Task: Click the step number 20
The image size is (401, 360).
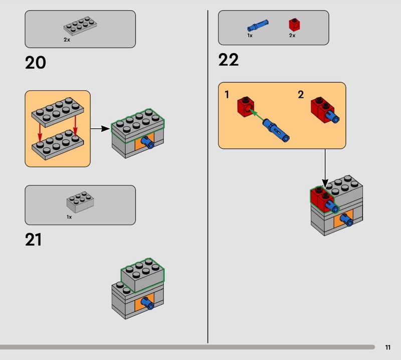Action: tap(35, 63)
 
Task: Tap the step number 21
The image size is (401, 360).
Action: tap(33, 240)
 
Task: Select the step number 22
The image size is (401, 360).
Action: tap(229, 60)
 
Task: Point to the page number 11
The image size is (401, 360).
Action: tap(387, 347)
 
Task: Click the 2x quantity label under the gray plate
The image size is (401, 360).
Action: tap(67, 40)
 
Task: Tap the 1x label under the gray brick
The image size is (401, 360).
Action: tap(69, 217)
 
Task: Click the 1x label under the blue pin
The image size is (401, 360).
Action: tap(250, 36)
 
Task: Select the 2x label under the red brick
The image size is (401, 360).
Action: tap(292, 36)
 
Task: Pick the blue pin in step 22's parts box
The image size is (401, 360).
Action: tap(258, 26)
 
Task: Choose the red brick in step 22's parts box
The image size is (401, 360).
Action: tap(294, 25)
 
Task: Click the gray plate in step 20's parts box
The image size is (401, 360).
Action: tap(80, 26)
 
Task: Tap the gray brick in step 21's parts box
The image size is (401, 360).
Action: tap(80, 202)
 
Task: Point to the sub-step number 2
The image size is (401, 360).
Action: tap(301, 95)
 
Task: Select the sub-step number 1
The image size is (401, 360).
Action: tap(227, 95)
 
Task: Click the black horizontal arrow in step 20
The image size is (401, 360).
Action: tap(100, 129)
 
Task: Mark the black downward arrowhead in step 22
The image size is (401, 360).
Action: tap(325, 184)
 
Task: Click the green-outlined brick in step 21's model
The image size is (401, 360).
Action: tap(142, 275)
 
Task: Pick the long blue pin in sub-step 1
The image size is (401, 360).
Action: tap(276, 130)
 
